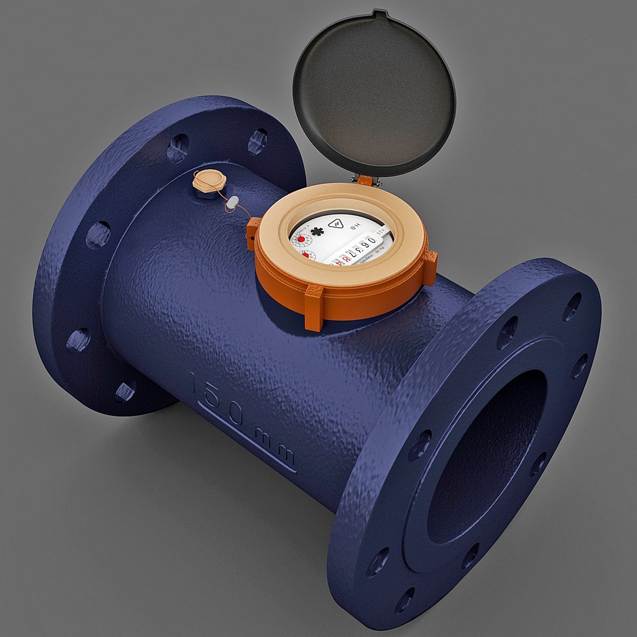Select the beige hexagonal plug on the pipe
[206, 180]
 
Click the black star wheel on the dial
[317, 231]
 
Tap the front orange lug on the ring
[313, 307]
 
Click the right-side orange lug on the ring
[430, 266]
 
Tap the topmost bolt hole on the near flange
[571, 307]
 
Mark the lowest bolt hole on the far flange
[125, 390]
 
